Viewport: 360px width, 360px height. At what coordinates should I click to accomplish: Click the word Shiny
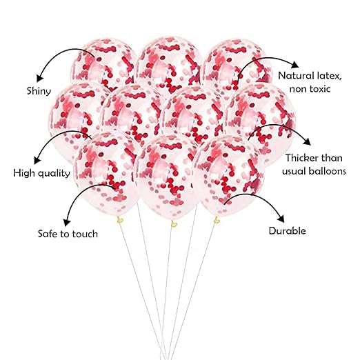(39, 91)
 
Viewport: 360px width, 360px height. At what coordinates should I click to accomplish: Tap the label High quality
(41, 173)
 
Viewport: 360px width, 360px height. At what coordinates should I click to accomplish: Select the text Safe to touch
(68, 234)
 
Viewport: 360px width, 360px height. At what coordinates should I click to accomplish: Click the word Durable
(288, 231)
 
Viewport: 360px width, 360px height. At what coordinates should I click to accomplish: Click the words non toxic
(310, 89)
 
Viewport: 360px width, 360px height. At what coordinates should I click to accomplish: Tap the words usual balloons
(314, 171)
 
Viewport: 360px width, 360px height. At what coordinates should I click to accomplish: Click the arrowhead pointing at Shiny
(39, 78)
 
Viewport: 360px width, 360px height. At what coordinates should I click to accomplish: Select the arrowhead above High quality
(37, 160)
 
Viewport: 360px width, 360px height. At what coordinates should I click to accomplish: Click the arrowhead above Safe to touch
(67, 222)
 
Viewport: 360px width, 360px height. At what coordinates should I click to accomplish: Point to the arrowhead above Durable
(281, 219)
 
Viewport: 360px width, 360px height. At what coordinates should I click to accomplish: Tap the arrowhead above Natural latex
(294, 65)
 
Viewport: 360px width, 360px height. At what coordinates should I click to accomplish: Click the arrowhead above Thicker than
(307, 141)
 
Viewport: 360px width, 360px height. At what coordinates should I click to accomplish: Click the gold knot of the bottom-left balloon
(120, 220)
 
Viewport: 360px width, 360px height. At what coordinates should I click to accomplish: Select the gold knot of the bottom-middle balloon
(174, 223)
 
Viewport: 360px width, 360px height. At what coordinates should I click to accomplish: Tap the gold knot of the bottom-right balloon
(217, 220)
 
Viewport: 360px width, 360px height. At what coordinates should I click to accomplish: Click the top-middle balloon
(168, 66)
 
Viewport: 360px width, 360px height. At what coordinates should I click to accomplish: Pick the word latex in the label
(328, 76)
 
